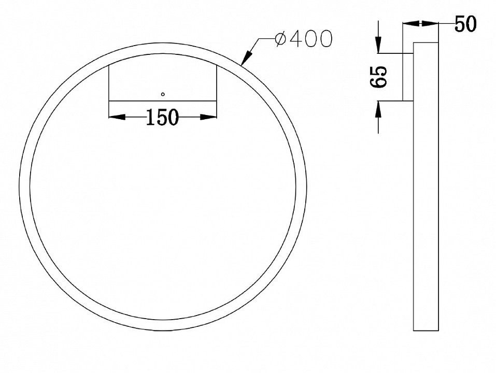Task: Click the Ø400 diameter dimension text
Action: [x=303, y=39]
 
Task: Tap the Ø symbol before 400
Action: [x=280, y=39]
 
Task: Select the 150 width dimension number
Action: [x=162, y=118]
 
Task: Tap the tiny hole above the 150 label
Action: [x=163, y=94]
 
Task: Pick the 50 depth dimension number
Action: [x=465, y=24]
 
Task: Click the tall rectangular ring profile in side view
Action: [x=426, y=187]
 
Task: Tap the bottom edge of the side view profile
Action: [x=426, y=331]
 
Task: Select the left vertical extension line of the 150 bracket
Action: [x=108, y=83]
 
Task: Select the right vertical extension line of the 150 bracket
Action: [x=216, y=83]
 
